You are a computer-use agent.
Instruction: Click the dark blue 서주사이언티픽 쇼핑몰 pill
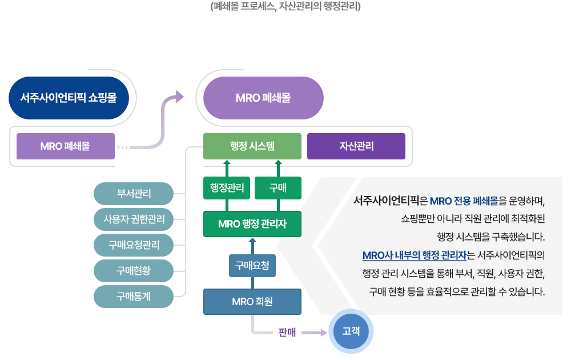pyautogui.click(x=69, y=98)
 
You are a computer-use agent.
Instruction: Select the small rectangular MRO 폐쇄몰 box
pyautogui.click(x=66, y=146)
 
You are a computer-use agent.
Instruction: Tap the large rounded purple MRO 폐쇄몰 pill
pyautogui.click(x=263, y=98)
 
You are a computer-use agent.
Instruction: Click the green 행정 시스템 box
pyautogui.click(x=252, y=146)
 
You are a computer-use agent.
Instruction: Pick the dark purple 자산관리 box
pyautogui.click(x=356, y=146)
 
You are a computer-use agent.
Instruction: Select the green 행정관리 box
pyautogui.click(x=227, y=187)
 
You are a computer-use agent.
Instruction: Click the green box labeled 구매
pyautogui.click(x=278, y=187)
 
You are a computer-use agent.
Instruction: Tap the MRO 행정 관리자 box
pyautogui.click(x=252, y=224)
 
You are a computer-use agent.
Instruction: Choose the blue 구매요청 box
pyautogui.click(x=252, y=266)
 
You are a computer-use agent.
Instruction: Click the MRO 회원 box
pyautogui.click(x=252, y=302)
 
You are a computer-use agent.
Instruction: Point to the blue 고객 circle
pyautogui.click(x=351, y=331)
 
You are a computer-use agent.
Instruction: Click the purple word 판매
pyautogui.click(x=287, y=333)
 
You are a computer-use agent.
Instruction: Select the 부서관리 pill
pyautogui.click(x=134, y=194)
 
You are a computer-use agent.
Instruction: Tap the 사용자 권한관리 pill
pyautogui.click(x=134, y=219)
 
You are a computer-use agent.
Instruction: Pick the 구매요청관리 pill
pyautogui.click(x=134, y=245)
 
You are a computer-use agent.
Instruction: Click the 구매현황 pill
pyautogui.click(x=134, y=271)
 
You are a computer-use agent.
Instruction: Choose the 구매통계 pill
pyautogui.click(x=134, y=297)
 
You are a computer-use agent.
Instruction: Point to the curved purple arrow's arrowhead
pyautogui.click(x=179, y=97)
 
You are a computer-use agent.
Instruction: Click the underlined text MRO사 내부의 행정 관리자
pyautogui.click(x=415, y=255)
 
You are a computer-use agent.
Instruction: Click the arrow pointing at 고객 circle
pyautogui.click(x=314, y=333)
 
